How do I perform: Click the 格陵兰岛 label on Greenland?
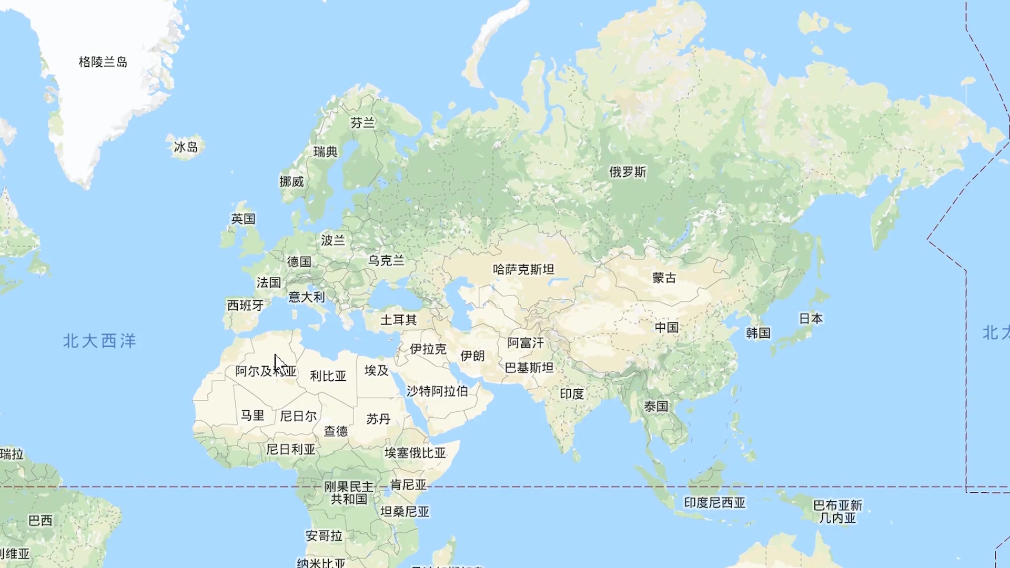pyautogui.click(x=103, y=62)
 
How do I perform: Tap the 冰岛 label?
pyautogui.click(x=186, y=147)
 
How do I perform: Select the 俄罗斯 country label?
pyautogui.click(x=628, y=172)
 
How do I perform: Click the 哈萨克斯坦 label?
pyautogui.click(x=523, y=269)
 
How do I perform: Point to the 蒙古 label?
pyautogui.click(x=664, y=278)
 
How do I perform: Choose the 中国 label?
pyautogui.click(x=666, y=327)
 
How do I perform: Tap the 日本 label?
pyautogui.click(x=811, y=318)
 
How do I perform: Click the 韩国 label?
pyautogui.click(x=758, y=332)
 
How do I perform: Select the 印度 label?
pyautogui.click(x=572, y=393)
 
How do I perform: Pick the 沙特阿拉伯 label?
pyautogui.click(x=437, y=391)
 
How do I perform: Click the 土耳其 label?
pyautogui.click(x=398, y=319)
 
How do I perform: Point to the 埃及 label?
pyautogui.click(x=377, y=370)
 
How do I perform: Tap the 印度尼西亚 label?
pyautogui.click(x=714, y=502)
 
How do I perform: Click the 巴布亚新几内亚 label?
pyautogui.click(x=837, y=511)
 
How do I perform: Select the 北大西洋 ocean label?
pyautogui.click(x=99, y=341)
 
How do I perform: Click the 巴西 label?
pyautogui.click(x=41, y=520)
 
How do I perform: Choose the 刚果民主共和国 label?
pyautogui.click(x=349, y=493)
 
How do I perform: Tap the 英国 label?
pyautogui.click(x=243, y=218)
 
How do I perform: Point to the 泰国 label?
pyautogui.click(x=656, y=406)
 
